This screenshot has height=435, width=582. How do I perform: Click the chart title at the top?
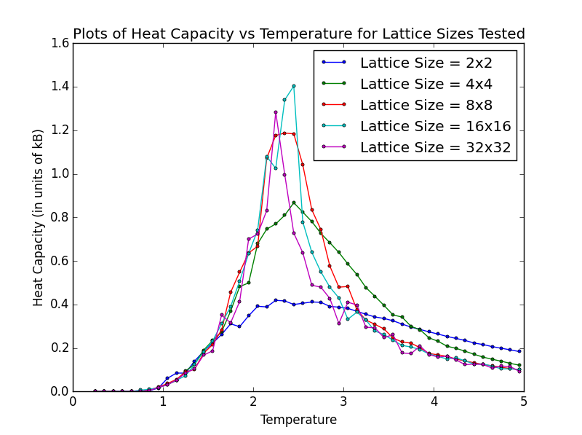[298, 34]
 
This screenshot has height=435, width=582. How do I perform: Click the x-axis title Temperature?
[298, 420]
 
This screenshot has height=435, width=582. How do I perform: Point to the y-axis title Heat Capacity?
[39, 217]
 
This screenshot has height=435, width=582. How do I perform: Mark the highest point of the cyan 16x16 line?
[293, 86]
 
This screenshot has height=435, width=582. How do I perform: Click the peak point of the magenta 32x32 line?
[276, 112]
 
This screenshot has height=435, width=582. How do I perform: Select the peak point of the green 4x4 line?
[293, 203]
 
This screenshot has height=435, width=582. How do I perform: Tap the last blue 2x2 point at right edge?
[519, 351]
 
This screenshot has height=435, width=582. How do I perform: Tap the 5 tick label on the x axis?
[524, 402]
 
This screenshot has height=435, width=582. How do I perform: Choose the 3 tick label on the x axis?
[343, 402]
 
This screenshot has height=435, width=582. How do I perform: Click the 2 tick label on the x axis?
[253, 402]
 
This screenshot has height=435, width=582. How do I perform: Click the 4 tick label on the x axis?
[434, 402]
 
